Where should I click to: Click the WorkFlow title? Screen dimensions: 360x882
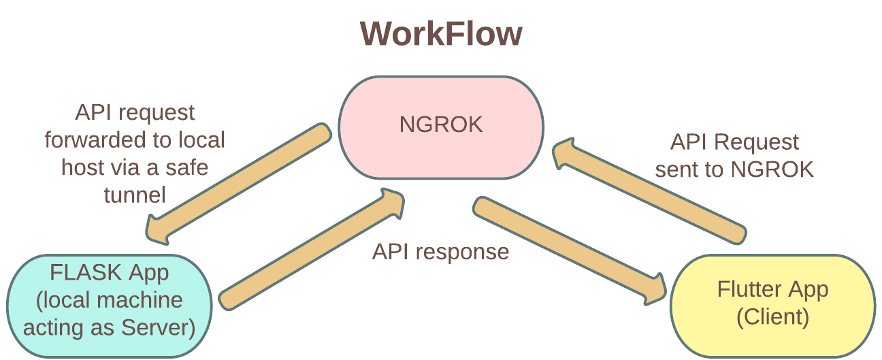[x=441, y=33]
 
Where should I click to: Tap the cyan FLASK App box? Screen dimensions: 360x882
[x=109, y=305]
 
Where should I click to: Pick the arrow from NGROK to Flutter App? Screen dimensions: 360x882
[x=568, y=248]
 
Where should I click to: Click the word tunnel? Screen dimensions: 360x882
[x=134, y=195]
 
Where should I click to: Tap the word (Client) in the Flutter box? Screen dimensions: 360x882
[x=772, y=317]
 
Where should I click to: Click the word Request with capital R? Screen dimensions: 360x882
[x=756, y=142]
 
